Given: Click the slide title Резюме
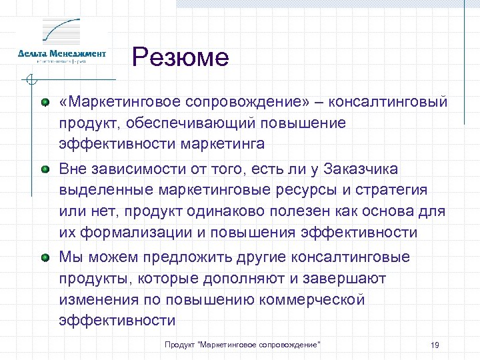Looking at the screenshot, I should click(180, 57).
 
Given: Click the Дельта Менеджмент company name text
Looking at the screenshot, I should click(61, 53).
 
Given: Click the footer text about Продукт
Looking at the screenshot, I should click(243, 344).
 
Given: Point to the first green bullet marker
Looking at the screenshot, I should click(45, 103).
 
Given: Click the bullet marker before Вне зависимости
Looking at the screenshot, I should click(45, 169).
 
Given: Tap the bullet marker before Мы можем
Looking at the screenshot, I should click(45, 257).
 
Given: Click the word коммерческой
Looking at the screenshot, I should click(313, 299).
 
